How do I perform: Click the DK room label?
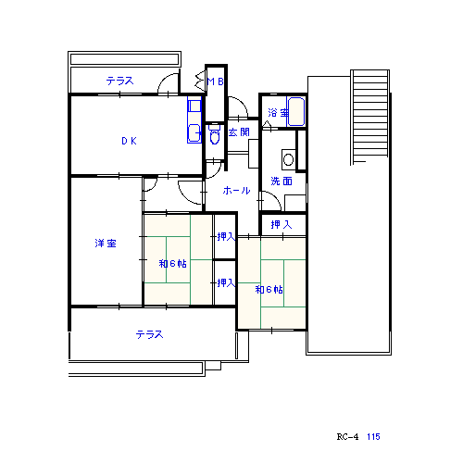tap(129, 141)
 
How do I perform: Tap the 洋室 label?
tap(106, 244)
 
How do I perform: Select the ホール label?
tap(236, 190)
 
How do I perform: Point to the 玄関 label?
tap(239, 132)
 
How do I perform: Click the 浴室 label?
tap(278, 113)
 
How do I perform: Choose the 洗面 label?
tap(282, 181)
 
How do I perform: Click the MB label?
tap(216, 81)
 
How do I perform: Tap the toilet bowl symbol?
tap(215, 135)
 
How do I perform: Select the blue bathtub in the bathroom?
tap(295, 111)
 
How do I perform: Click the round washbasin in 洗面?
tap(289, 159)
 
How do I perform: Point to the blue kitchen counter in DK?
tap(194, 119)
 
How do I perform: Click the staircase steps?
tap(369, 116)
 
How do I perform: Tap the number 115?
tap(373, 437)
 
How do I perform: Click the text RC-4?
tap(347, 437)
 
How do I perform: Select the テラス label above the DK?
tap(120, 81)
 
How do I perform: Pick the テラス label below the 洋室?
tap(150, 334)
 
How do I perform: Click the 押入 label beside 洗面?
tap(282, 224)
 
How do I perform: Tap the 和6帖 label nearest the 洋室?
tap(172, 263)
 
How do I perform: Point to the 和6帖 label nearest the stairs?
tap(269, 289)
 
